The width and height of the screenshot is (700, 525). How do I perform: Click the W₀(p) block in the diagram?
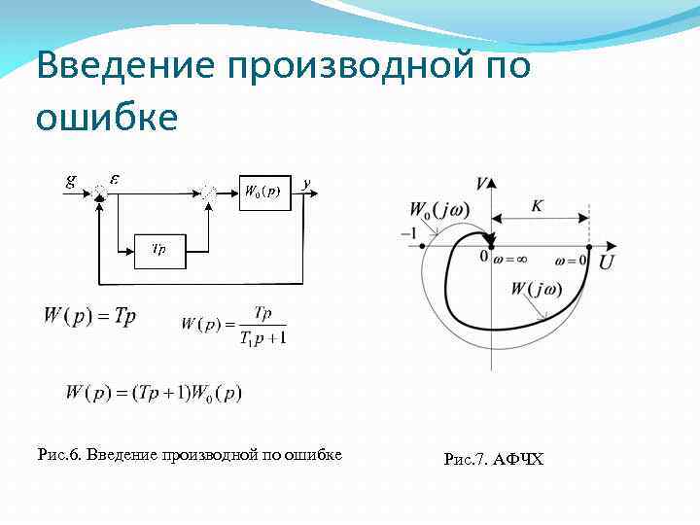point(262,192)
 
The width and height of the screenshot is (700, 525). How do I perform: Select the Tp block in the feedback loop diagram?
point(157,250)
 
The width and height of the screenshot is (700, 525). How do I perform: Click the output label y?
point(306,182)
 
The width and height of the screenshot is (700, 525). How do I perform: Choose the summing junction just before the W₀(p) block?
point(209,192)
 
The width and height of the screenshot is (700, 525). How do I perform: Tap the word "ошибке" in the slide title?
point(107,117)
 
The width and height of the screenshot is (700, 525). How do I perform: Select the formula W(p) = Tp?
point(89,317)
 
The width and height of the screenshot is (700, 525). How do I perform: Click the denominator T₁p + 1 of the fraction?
point(258,336)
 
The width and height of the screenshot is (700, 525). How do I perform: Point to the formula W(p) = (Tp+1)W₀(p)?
point(154,393)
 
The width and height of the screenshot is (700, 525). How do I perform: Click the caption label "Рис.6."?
point(58,453)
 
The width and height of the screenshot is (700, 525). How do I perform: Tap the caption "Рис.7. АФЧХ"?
point(493,458)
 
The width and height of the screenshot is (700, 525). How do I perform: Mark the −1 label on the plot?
point(412,233)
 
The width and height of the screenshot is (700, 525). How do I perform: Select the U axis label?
point(606,262)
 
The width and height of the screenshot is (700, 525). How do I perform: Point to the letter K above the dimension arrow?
point(538,205)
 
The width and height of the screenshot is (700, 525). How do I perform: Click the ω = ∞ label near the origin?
point(510,261)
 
